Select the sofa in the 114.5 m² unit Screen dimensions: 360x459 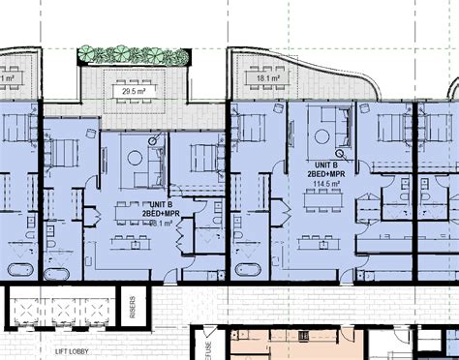point(334,127)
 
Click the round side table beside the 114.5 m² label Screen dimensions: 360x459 point(340,151)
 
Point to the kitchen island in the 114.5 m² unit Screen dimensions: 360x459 point(320,231)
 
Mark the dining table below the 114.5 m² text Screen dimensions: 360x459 point(321,202)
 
